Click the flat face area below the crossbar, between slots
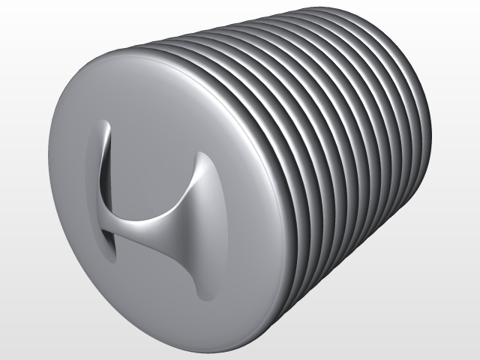pos(154,277)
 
